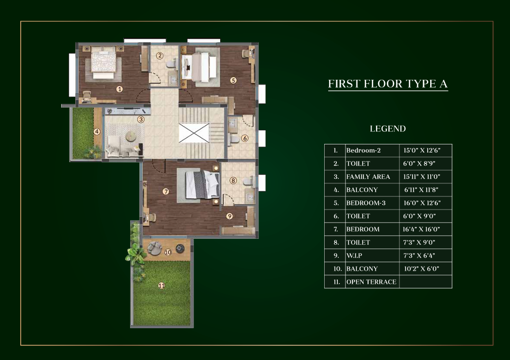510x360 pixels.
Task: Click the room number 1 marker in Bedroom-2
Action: tap(120, 89)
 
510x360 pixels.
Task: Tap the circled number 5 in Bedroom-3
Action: tap(233, 80)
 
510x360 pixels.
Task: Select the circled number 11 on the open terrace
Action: tap(161, 286)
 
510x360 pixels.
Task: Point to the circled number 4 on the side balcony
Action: tap(97, 132)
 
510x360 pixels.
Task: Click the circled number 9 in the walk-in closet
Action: tap(230, 216)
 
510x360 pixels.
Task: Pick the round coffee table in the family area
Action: tap(131, 136)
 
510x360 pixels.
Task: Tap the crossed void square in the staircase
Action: tap(194, 133)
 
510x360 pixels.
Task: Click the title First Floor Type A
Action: tap(388, 84)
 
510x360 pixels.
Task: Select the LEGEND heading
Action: tap(388, 129)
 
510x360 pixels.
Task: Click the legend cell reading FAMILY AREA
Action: tap(368, 177)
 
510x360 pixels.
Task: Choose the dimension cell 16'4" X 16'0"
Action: tap(421, 229)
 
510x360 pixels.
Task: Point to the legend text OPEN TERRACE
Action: tap(371, 282)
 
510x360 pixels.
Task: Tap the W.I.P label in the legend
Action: tap(354, 255)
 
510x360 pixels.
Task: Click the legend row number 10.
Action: tap(337, 269)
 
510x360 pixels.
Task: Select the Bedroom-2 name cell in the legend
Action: tap(363, 150)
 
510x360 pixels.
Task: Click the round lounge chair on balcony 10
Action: tap(154, 248)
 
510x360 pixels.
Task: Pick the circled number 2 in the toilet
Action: tap(160, 56)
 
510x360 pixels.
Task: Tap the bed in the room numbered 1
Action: tap(104, 63)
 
